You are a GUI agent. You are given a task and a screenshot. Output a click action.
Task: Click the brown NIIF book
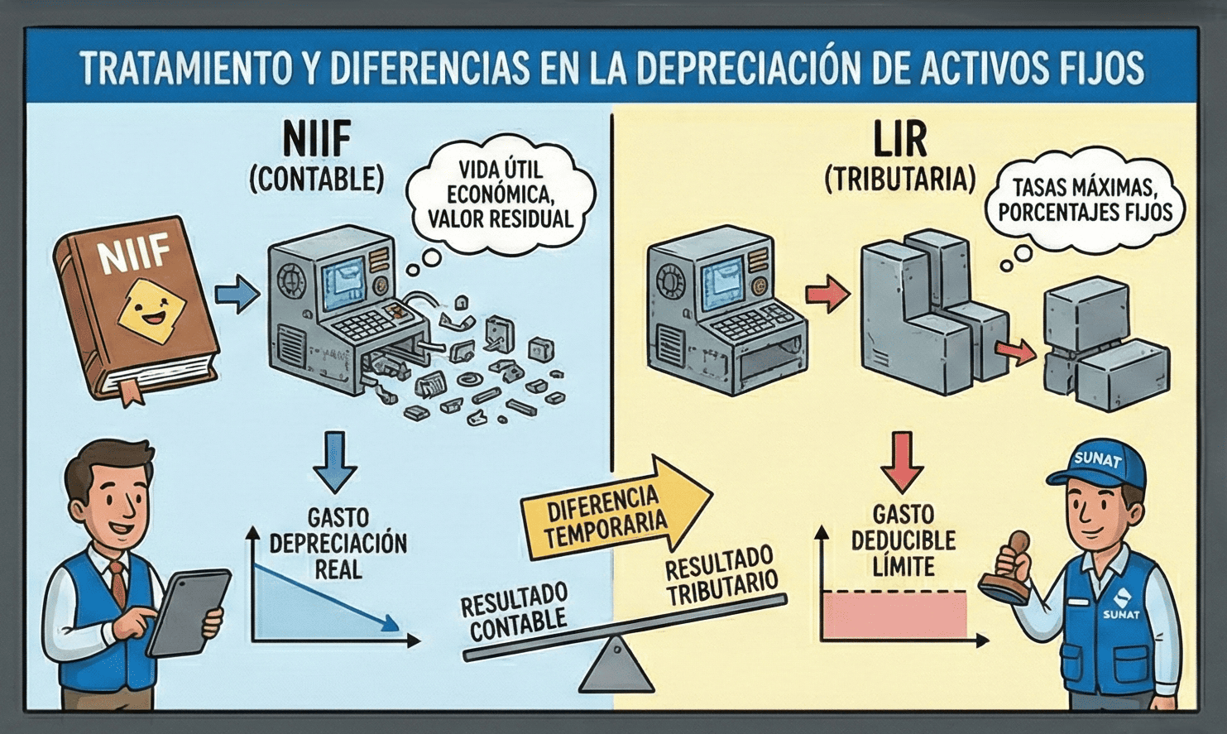pyautogui.click(x=132, y=306)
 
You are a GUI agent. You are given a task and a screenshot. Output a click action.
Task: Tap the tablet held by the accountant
pyautogui.click(x=189, y=612)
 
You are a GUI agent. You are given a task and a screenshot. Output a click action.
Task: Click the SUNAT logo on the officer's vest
pyautogui.click(x=1120, y=604)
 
